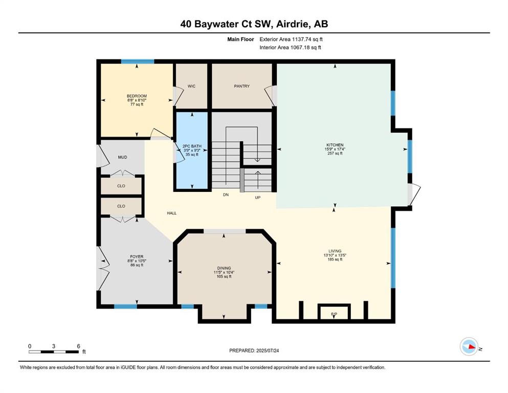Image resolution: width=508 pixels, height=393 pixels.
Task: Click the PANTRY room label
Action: tap(241, 86)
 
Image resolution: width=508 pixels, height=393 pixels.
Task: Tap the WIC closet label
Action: tap(191, 86)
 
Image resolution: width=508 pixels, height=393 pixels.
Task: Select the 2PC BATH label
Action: tap(192, 146)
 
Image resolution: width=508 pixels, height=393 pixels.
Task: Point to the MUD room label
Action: tap(122, 157)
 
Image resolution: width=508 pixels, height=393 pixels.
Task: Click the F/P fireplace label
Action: tap(334, 314)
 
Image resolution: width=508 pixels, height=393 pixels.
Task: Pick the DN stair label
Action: tap(226, 195)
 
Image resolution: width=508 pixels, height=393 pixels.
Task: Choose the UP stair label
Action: tap(257, 198)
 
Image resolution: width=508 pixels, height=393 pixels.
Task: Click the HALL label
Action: tap(172, 213)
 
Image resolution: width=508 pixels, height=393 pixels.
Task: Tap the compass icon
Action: tap(469, 346)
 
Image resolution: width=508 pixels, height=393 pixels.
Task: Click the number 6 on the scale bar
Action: tap(78, 346)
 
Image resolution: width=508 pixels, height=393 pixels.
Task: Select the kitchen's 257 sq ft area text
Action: tap(335, 153)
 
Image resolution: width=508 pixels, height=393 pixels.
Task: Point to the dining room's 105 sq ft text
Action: tap(224, 277)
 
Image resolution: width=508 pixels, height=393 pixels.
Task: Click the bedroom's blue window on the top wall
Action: tap(138, 61)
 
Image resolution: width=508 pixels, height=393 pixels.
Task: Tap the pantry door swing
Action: tap(271, 96)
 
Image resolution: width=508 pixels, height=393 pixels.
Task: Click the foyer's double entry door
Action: tap(102, 268)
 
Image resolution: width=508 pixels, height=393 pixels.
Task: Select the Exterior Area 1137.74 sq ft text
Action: tap(291, 39)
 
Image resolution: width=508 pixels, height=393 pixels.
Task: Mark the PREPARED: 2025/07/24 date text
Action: tap(254, 351)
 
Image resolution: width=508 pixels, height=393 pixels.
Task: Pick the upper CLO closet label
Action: tap(121, 186)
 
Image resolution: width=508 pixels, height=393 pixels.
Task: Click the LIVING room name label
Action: tap(335, 251)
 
